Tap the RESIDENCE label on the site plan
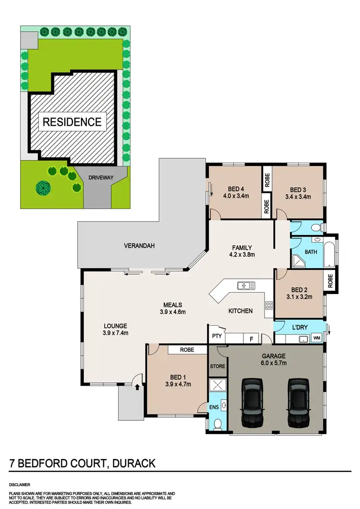coord(72,122)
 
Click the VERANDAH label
coord(139,246)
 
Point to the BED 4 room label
coord(234,189)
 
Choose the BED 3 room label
coord(298,189)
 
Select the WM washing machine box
coord(316,339)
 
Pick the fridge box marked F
coord(251,338)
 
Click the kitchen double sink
coord(246,286)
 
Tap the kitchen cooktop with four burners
coord(269,306)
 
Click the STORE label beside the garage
coord(217,367)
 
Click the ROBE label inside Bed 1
coord(187,350)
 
